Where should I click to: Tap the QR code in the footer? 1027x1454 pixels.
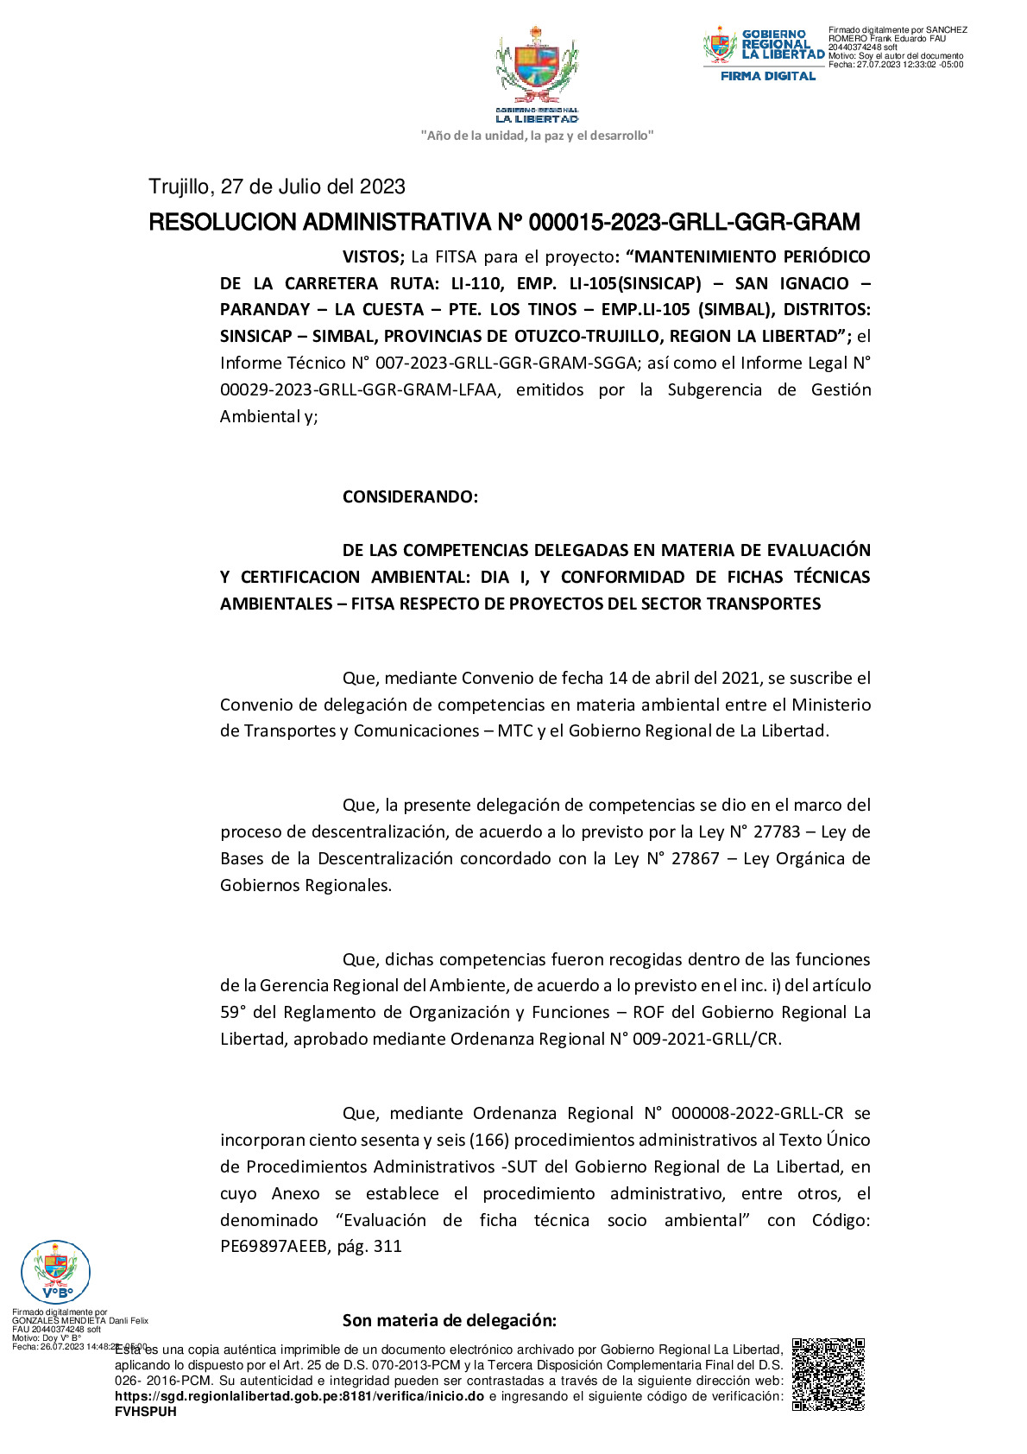point(828,1375)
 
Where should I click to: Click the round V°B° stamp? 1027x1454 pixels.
point(55,1272)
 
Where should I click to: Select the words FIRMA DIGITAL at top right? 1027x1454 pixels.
point(768,76)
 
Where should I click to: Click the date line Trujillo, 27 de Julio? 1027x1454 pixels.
point(277,186)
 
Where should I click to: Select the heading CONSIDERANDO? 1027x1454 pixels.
point(410,496)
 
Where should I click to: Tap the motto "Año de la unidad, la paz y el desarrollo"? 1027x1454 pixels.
point(537,136)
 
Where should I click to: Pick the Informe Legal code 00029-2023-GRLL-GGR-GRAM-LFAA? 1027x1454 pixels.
point(359,389)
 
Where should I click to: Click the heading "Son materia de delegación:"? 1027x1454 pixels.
point(449,1320)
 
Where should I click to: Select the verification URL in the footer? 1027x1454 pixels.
point(299,1396)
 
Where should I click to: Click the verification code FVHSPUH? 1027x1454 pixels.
point(145,1412)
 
